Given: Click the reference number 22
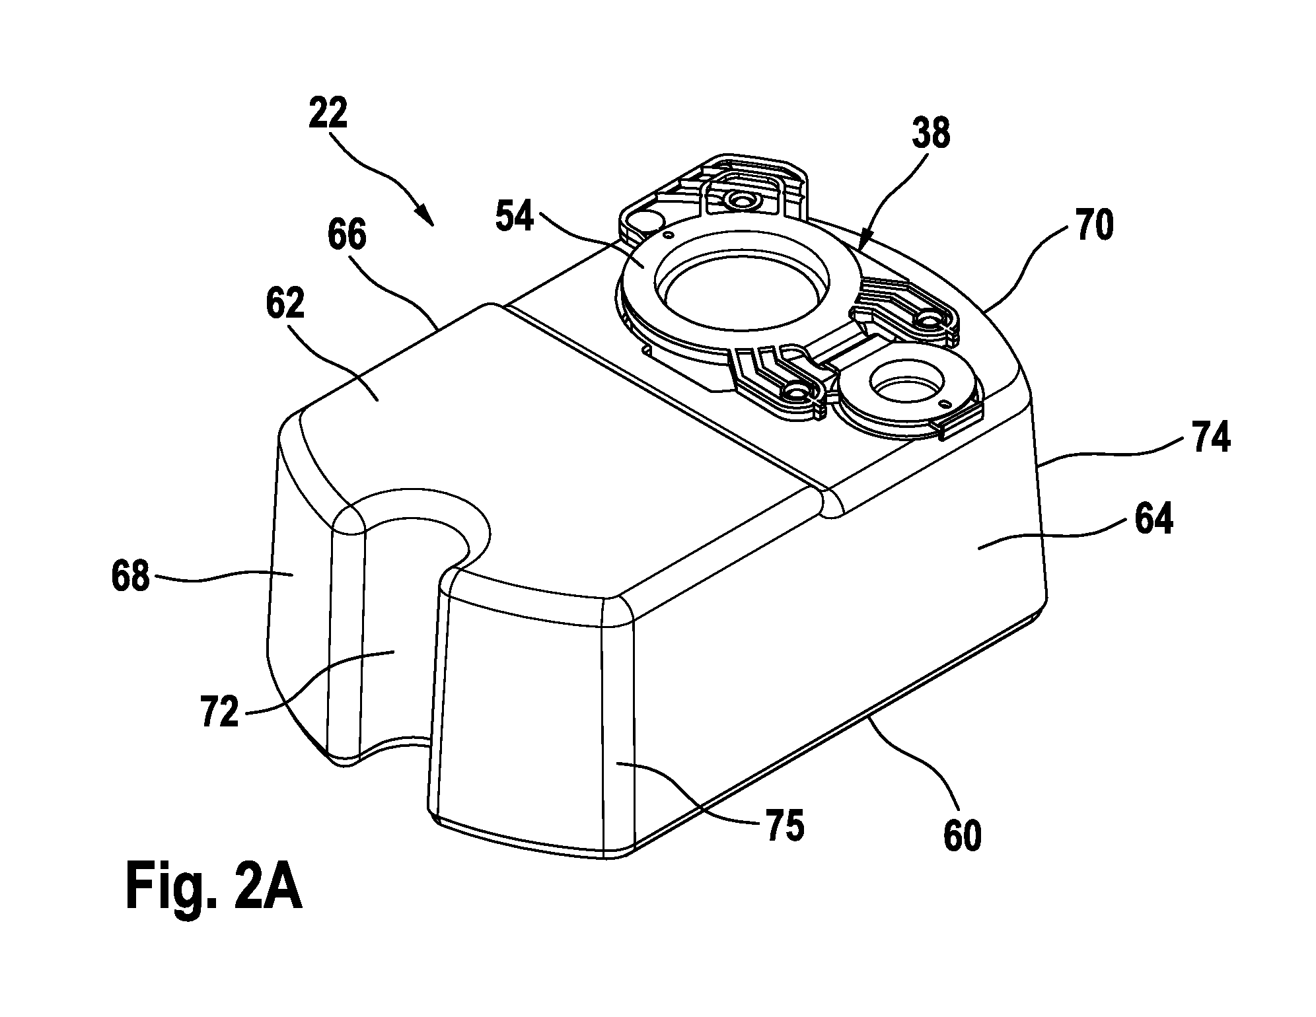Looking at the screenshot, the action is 328,115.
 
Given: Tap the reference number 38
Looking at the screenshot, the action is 931,135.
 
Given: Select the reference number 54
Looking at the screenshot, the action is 515,217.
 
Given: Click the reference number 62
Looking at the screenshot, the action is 285,304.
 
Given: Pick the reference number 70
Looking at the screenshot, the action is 1095,225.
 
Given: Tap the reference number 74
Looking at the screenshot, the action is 1211,438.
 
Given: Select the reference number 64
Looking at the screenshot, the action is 1154,520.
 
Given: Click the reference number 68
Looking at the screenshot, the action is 131,576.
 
